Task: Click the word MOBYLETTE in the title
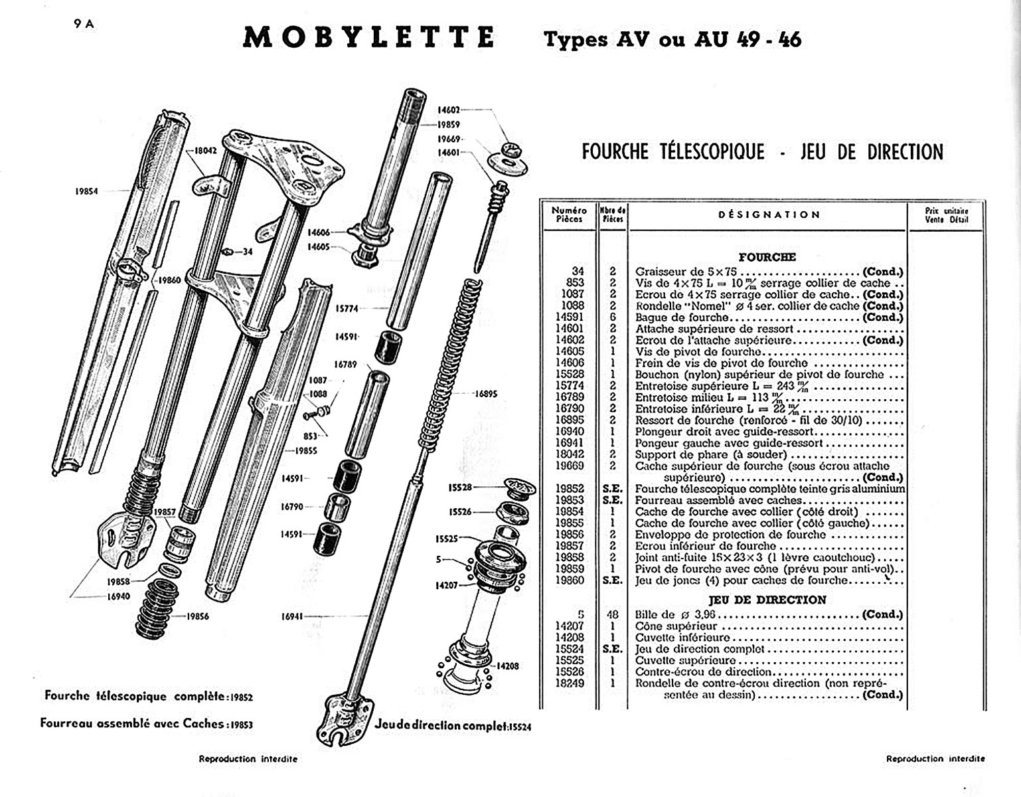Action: pyautogui.click(x=368, y=37)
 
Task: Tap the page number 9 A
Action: pyautogui.click(x=85, y=24)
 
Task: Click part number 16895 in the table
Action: pyautogui.click(x=570, y=420)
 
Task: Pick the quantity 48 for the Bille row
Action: pyautogui.click(x=612, y=614)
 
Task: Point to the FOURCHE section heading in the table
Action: pyautogui.click(x=767, y=257)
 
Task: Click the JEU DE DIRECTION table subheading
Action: pyautogui.click(x=767, y=600)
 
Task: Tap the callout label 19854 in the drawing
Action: pyautogui.click(x=86, y=191)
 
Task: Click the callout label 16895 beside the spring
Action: pyautogui.click(x=485, y=394)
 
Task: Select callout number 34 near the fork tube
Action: pyautogui.click(x=248, y=252)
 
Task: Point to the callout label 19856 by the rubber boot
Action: pyautogui.click(x=198, y=616)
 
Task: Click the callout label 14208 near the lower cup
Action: pyautogui.click(x=508, y=665)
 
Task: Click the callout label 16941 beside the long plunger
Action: pyautogui.click(x=292, y=616)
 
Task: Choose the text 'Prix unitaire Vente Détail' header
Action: pyautogui.click(x=947, y=215)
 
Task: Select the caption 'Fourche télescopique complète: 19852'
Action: pyautogui.click(x=149, y=697)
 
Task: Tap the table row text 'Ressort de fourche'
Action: pyautogui.click(x=684, y=420)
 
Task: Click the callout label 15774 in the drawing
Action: pyautogui.click(x=346, y=308)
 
